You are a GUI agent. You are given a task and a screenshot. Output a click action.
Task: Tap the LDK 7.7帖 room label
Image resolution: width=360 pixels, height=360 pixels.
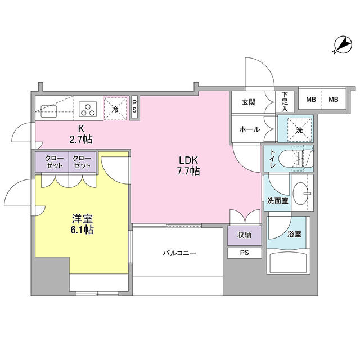(x=190, y=165)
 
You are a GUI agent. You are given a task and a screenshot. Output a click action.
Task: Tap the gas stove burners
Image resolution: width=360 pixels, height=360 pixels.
(x=88, y=107)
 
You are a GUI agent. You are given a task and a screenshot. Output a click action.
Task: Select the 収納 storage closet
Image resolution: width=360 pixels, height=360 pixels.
(x=245, y=235)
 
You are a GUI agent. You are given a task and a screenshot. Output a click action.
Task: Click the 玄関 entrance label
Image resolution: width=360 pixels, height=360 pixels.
(x=249, y=102)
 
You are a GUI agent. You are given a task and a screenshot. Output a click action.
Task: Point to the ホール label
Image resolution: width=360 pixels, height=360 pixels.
(x=249, y=129)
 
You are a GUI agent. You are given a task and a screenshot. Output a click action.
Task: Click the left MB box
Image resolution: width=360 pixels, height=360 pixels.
(x=310, y=100)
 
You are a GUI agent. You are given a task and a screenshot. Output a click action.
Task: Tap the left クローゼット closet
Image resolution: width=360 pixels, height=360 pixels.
(x=52, y=162)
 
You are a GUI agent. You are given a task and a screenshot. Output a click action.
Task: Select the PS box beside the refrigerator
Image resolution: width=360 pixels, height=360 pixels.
(x=134, y=107)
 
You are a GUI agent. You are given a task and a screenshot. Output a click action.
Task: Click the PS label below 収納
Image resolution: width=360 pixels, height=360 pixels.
(x=245, y=253)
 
